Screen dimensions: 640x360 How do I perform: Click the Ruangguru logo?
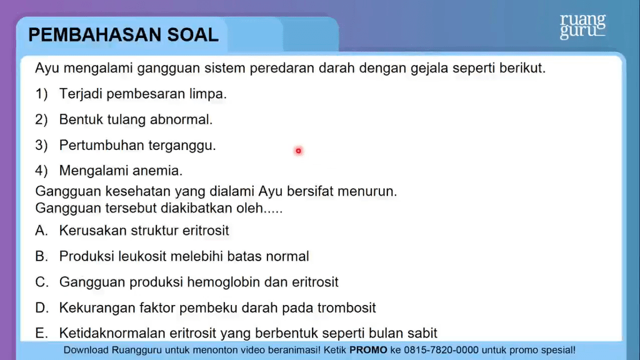[x=582, y=27]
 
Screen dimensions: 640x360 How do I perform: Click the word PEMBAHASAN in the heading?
[x=95, y=35]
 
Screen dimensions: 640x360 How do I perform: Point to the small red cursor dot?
[x=298, y=151]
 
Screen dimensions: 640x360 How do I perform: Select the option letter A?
[x=41, y=231]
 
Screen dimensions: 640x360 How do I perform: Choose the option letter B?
[x=41, y=256]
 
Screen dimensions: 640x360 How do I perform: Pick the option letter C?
[x=42, y=282]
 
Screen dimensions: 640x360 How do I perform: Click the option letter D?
[x=42, y=307]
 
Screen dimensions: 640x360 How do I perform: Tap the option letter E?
[x=41, y=333]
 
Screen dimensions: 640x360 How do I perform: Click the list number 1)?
[x=42, y=94]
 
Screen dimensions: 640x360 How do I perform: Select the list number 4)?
[x=42, y=171]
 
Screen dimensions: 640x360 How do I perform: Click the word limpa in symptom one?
[x=211, y=94]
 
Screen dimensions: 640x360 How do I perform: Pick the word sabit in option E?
[x=423, y=333]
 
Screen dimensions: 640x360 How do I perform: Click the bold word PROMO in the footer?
[x=368, y=350]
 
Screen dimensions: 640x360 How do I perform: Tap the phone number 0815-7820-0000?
[x=441, y=350]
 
